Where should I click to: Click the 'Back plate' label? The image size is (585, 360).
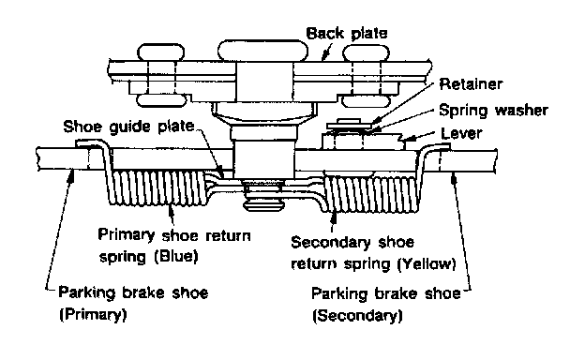click(x=347, y=33)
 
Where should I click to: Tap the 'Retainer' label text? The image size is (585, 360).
click(x=471, y=84)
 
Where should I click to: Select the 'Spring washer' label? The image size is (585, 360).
click(x=493, y=111)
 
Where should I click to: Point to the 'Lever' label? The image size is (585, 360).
click(x=461, y=133)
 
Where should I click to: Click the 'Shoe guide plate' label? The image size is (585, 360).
click(x=128, y=127)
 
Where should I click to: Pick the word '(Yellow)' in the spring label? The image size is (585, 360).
click(x=427, y=264)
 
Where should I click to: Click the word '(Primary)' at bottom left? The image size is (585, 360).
click(x=93, y=314)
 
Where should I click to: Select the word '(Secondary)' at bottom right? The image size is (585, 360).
click(x=357, y=316)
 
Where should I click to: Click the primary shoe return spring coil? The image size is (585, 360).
click(x=159, y=187)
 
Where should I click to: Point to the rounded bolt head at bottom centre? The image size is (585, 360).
click(x=262, y=204)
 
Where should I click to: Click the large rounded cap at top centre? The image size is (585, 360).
click(x=263, y=51)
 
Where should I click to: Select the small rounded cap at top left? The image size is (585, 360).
click(x=161, y=52)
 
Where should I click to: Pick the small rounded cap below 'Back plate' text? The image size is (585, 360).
click(x=366, y=53)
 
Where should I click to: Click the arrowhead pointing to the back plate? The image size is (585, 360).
click(x=325, y=56)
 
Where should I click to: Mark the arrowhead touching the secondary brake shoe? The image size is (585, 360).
click(x=454, y=179)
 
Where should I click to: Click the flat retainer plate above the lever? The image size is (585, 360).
click(x=350, y=126)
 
